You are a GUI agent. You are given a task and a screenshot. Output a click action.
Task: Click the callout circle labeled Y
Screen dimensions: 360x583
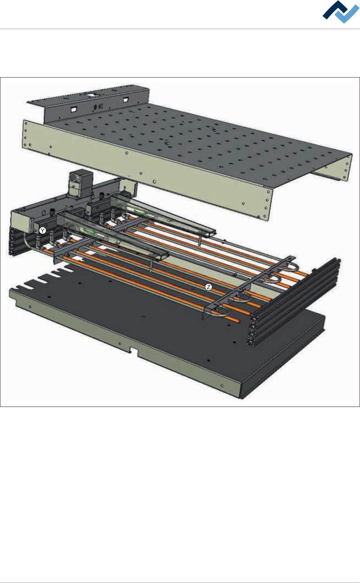43,231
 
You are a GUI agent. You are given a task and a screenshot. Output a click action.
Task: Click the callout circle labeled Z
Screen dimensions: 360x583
209,287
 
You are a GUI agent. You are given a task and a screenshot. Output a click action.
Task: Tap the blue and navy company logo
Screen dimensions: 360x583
341,12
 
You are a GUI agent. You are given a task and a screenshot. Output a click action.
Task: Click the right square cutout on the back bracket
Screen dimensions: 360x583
126,100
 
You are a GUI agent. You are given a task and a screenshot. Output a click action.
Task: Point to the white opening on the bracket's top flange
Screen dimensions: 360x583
92,95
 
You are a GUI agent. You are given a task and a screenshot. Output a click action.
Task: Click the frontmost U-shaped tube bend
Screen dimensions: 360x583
221,314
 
